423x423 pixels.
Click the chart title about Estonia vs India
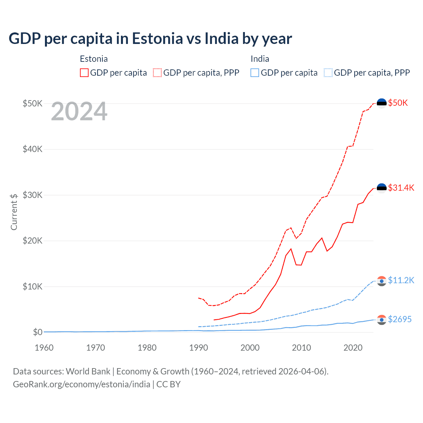click(150, 39)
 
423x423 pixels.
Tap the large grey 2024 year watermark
click(79, 111)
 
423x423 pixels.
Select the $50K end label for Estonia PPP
click(398, 103)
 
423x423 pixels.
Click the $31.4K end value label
click(401, 188)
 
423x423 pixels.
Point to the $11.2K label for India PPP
click(401, 280)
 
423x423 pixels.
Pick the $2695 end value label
click(400, 319)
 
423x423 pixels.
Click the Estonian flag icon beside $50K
click(382, 103)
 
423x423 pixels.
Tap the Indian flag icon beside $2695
click(382, 320)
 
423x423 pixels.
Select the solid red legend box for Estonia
click(84, 73)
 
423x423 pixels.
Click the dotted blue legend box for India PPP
click(328, 73)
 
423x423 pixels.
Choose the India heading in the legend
click(260, 59)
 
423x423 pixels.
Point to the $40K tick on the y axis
click(32, 149)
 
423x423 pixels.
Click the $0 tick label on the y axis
click(37, 332)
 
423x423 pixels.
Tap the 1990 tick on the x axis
click(199, 348)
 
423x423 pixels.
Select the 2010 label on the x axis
click(301, 348)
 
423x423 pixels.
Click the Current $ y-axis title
click(14, 212)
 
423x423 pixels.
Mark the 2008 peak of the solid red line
click(291, 249)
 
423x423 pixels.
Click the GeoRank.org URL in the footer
click(81, 384)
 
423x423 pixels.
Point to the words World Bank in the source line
click(88, 371)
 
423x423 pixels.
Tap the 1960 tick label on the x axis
click(44, 348)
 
